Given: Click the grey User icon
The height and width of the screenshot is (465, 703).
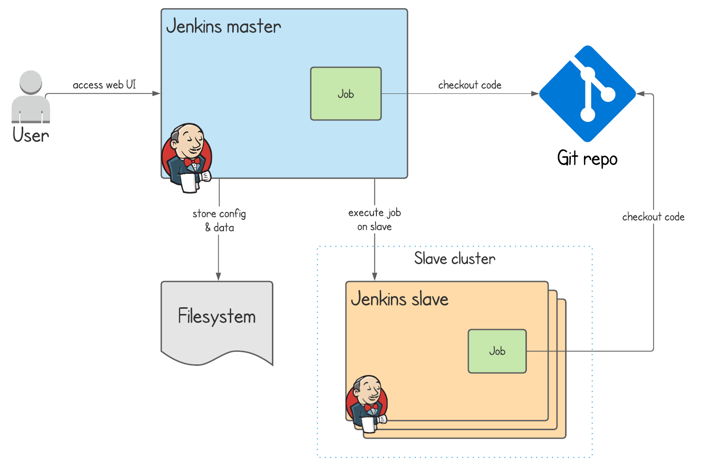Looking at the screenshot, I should click(x=31, y=97).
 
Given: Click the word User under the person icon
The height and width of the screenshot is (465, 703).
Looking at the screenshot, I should click(x=31, y=135).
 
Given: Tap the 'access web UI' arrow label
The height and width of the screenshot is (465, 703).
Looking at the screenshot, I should click(x=104, y=85).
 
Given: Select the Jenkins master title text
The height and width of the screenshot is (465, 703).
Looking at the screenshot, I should click(x=223, y=26).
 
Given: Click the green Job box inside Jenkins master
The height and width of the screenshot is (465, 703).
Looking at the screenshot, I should click(x=345, y=94).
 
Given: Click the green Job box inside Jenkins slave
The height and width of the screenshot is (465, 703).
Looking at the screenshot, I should click(x=497, y=351).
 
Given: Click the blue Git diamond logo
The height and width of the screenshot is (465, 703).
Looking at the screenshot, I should click(x=587, y=94).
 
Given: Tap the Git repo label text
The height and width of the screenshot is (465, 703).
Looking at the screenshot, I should click(x=587, y=159).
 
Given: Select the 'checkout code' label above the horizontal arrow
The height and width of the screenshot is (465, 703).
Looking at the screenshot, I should click(x=469, y=85).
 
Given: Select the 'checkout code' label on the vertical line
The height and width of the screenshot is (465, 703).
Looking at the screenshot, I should click(x=653, y=217).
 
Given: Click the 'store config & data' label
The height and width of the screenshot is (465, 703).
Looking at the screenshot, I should click(x=219, y=220).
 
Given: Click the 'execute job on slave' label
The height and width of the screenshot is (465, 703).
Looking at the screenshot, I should click(x=374, y=219).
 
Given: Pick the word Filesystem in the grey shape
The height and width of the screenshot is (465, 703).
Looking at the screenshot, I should click(x=217, y=316).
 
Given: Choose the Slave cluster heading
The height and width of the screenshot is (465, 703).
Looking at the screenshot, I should click(x=454, y=258).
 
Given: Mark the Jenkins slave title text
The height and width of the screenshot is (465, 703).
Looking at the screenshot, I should click(x=400, y=299).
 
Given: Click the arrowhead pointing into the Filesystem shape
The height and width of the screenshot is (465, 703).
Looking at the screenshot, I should click(x=218, y=276).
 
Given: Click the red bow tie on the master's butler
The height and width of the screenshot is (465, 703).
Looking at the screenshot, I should click(x=192, y=162).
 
